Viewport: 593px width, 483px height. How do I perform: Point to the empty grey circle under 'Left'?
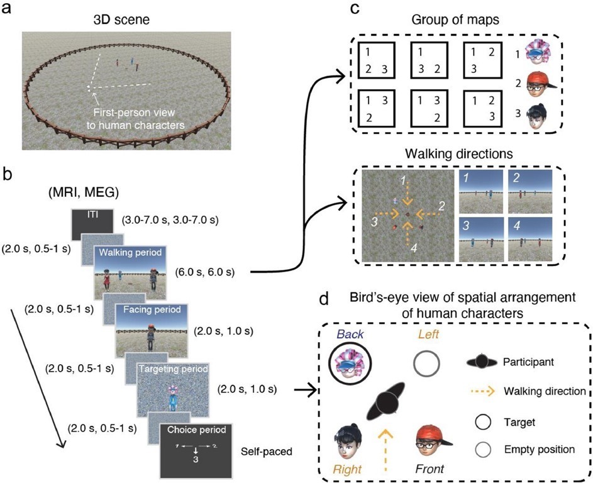click(x=425, y=363)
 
